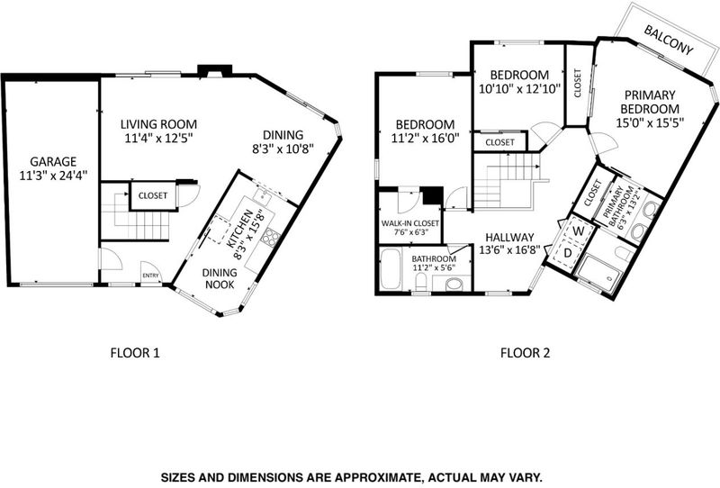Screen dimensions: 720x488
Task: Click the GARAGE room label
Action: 53,162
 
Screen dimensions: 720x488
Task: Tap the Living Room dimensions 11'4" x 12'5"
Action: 158,138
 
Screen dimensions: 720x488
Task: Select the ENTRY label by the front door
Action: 150,276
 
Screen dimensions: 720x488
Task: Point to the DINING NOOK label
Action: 220,278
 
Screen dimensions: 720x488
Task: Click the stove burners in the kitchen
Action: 271,237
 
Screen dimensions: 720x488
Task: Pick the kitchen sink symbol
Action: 263,196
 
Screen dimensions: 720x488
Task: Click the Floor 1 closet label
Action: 153,195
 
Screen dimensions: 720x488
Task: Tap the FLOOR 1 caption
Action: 135,353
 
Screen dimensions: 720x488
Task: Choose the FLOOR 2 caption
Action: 525,353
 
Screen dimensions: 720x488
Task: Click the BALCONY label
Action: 668,40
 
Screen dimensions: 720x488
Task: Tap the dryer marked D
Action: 568,253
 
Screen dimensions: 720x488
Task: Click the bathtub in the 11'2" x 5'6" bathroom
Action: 391,269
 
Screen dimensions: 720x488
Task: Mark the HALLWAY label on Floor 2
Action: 509,238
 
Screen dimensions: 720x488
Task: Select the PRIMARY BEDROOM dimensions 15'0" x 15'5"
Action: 650,122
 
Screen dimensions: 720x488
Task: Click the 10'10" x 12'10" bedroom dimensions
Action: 520,88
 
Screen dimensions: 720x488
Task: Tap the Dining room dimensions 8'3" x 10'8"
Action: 283,149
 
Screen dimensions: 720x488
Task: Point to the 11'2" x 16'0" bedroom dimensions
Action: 425,138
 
